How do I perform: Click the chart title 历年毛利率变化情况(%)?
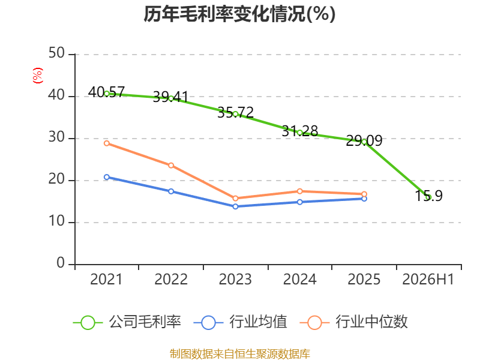(239, 14)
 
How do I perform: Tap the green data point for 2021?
(107, 94)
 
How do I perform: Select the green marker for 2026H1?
(428, 197)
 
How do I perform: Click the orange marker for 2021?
(107, 143)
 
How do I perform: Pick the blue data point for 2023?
(235, 206)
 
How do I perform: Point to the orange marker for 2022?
(171, 166)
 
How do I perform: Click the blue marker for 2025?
(364, 199)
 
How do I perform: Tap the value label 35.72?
(235, 113)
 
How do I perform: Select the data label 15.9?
(428, 196)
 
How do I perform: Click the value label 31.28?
(300, 131)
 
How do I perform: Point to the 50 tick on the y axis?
(56, 53)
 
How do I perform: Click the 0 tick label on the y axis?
(61, 263)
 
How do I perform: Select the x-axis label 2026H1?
(428, 280)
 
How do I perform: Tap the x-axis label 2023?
(235, 280)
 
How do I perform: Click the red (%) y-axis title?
(38, 76)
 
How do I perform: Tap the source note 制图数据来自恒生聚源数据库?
(239, 354)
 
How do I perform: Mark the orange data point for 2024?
(300, 191)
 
